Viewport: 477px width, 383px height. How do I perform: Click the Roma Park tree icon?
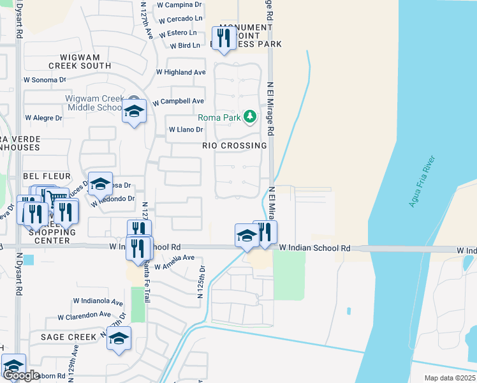(x=251, y=116)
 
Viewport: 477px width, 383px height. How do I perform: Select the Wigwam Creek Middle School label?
(x=94, y=103)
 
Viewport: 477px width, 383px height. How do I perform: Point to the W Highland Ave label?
(x=185, y=73)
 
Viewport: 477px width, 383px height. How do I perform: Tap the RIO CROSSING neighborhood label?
(x=234, y=146)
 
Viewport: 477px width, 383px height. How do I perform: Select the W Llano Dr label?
(x=186, y=130)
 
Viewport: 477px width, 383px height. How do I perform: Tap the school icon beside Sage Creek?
(x=118, y=339)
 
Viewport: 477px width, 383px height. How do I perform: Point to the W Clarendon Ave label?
(x=84, y=315)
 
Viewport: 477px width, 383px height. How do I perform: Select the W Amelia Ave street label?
(x=171, y=258)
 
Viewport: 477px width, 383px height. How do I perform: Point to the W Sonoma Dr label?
(x=45, y=80)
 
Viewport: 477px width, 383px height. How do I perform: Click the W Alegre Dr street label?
(x=43, y=118)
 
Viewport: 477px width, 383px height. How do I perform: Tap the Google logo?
(x=22, y=375)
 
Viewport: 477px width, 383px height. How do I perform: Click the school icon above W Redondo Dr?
(x=100, y=184)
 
